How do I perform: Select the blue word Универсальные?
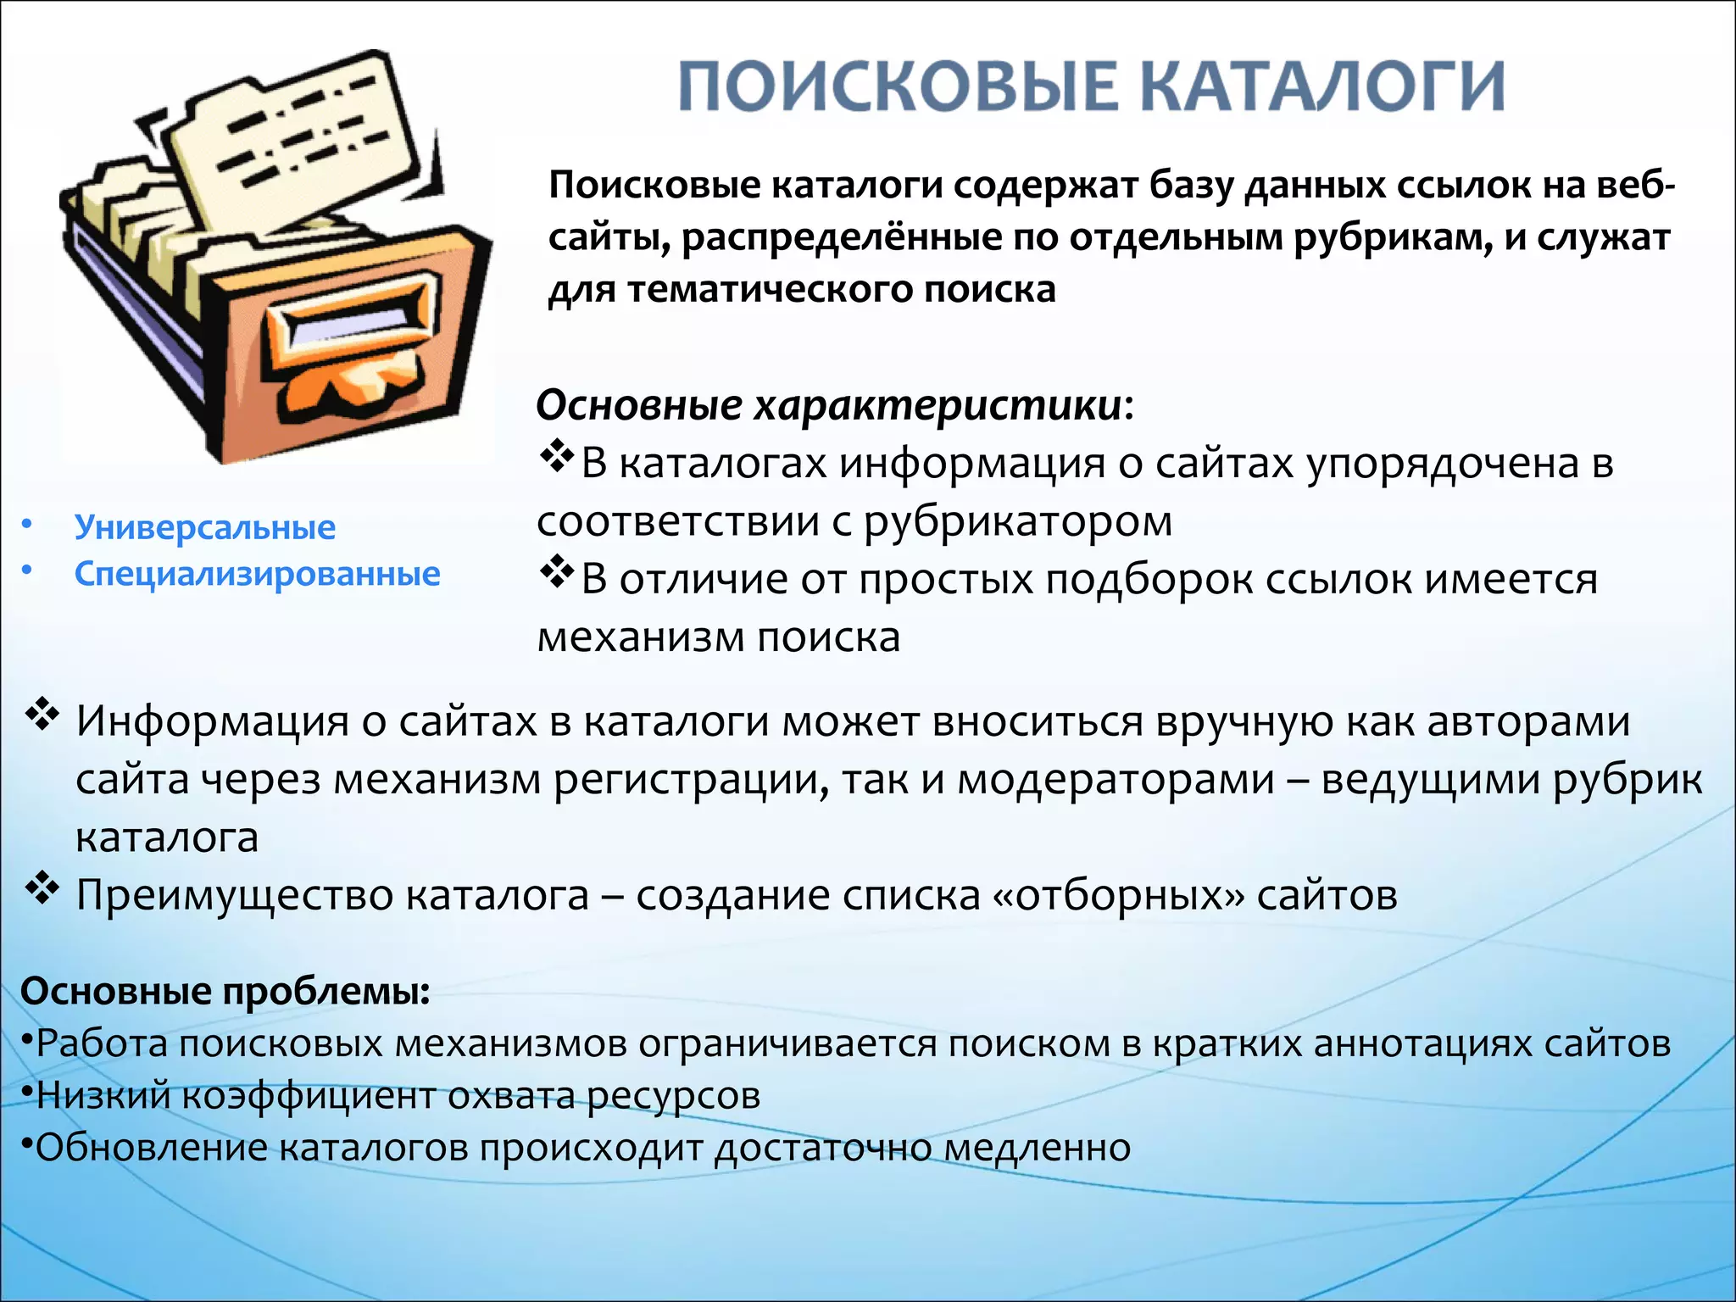pyautogui.click(x=205, y=527)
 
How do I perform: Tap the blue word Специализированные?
pyautogui.click(x=257, y=574)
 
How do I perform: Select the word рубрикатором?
pyautogui.click(x=1018, y=520)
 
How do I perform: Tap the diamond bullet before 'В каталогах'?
pyautogui.click(x=557, y=458)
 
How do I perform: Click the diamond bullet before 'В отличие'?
pyautogui.click(x=557, y=574)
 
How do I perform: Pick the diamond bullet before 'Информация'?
pyautogui.click(x=42, y=716)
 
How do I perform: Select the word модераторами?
pyautogui.click(x=1116, y=780)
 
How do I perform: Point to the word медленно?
pyautogui.click(x=1038, y=1148)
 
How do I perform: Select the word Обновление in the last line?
pyautogui.click(x=150, y=1148)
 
